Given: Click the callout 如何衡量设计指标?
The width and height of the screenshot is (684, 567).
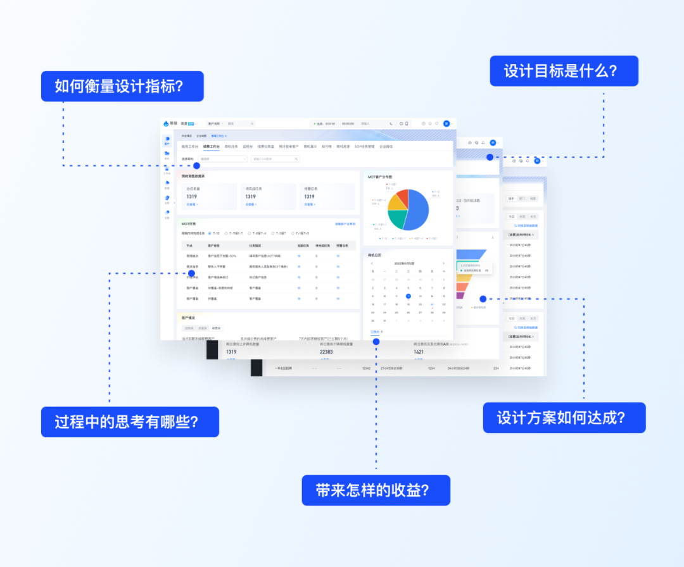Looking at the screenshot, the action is pos(122,86).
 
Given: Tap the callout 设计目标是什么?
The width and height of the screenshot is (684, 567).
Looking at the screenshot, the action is pos(564,71).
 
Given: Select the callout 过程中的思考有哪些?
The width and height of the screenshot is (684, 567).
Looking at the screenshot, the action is pos(130,421).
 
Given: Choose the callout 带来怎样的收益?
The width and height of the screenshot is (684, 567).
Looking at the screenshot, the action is pos(376,490).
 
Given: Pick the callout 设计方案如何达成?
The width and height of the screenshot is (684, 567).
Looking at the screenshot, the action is pos(564,418).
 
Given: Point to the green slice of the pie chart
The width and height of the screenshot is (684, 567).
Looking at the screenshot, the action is pos(397,219).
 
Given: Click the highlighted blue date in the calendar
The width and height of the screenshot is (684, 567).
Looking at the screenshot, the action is pos(408,296).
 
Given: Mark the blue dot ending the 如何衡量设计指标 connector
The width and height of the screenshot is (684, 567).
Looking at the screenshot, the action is pos(196,166).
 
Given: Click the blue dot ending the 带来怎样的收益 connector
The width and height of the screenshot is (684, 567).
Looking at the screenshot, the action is pos(376,341).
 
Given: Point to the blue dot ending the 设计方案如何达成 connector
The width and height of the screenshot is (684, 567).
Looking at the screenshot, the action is pos(483,299).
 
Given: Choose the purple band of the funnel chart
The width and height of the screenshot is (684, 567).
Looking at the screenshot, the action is pos(460,296).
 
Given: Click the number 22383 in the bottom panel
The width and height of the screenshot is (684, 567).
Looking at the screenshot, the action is pos(326,352).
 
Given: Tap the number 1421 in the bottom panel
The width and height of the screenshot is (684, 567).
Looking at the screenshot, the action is pos(419,352).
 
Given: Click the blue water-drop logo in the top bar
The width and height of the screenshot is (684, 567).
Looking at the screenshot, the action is pos(167,124).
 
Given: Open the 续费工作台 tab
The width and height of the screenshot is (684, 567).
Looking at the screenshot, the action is pos(211,146).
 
